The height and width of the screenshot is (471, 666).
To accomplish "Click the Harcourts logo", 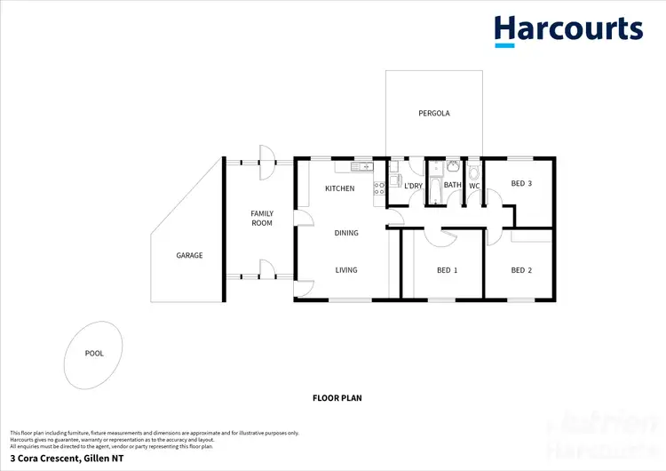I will [x=568, y=29].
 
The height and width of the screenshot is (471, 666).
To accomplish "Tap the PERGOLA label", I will [x=434, y=114].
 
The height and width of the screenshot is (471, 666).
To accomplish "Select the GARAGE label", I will [x=189, y=255].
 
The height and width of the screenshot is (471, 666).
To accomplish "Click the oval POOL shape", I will [x=93, y=353].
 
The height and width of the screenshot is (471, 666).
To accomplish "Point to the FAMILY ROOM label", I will [x=261, y=218].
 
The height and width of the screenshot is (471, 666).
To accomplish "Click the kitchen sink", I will [x=362, y=166].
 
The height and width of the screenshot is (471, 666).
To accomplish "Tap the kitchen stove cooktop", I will [x=378, y=188].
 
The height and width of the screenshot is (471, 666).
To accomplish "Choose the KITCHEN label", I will [x=339, y=188].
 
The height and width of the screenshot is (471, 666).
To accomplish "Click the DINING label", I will [x=346, y=233].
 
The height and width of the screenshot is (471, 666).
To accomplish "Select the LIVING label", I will [x=346, y=270].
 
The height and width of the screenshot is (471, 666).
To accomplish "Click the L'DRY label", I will [x=413, y=186].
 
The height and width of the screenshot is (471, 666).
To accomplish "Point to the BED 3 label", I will [x=521, y=184].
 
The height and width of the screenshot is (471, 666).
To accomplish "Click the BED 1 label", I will [x=448, y=270].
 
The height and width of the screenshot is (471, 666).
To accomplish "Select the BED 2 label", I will [x=521, y=270].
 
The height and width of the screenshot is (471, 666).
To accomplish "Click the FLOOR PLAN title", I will [x=337, y=398].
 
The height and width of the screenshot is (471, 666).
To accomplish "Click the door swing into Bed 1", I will [x=440, y=235].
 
